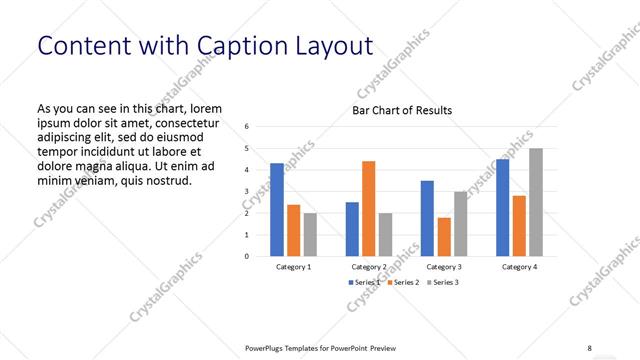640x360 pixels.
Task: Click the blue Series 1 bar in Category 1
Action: coord(277,209)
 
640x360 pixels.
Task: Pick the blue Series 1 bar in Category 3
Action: coord(427,218)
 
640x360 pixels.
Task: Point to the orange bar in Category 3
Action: coord(444,236)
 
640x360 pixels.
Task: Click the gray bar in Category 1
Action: coord(310,234)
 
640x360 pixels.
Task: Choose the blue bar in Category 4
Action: coord(502,207)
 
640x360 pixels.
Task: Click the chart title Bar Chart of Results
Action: coord(402,110)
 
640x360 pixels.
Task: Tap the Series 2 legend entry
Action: coord(401,283)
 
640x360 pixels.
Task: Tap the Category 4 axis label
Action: coord(518,267)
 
